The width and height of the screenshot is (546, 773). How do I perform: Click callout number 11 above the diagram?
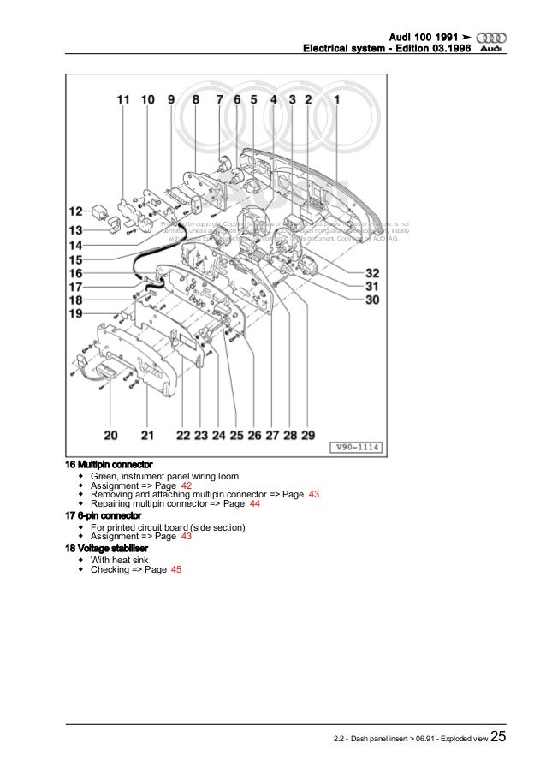(124, 99)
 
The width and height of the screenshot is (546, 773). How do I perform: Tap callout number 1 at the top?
(337, 99)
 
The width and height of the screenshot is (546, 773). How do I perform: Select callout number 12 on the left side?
(76, 211)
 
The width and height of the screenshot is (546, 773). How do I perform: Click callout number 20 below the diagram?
(111, 435)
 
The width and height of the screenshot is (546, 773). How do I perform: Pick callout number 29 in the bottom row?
(308, 435)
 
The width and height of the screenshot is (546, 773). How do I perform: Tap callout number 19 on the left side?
(76, 315)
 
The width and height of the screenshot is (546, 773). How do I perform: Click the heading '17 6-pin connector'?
(104, 516)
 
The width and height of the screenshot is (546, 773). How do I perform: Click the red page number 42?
(186, 485)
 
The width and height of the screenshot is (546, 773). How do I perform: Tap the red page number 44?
(254, 505)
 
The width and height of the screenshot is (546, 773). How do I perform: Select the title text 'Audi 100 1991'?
(424, 37)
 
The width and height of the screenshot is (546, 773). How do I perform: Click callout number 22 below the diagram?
(182, 435)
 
